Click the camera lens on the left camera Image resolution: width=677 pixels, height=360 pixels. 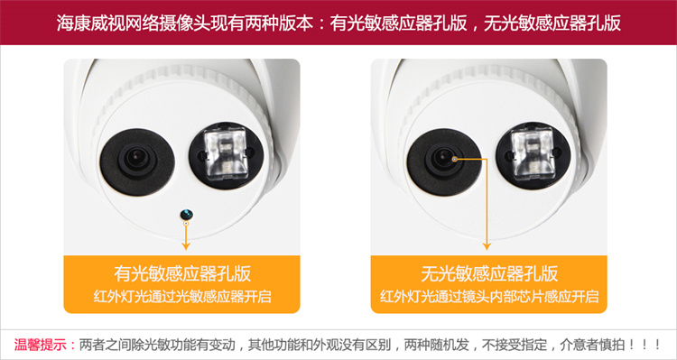[x=137, y=159]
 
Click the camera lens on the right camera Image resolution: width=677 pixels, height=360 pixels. [x=444, y=160]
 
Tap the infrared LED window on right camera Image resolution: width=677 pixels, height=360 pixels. [x=533, y=153]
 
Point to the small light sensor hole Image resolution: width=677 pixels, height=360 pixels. [x=187, y=214]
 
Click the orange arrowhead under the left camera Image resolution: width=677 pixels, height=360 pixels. [x=186, y=246]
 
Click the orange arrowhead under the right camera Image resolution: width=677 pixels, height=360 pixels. [x=487, y=246]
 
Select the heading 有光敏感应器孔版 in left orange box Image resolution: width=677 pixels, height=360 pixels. [x=182, y=273]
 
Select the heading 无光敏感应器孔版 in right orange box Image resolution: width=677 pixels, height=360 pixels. [x=489, y=273]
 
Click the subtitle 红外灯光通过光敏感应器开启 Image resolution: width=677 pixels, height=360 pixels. [x=182, y=297]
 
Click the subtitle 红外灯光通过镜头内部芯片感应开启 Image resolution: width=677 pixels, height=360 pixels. [x=489, y=297]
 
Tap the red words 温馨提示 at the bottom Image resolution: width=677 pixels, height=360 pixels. [x=41, y=345]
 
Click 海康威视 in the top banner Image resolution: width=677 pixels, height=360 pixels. [x=82, y=23]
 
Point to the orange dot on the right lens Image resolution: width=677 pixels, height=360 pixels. [x=454, y=160]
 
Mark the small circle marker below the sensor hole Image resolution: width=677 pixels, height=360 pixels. [x=186, y=223]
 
